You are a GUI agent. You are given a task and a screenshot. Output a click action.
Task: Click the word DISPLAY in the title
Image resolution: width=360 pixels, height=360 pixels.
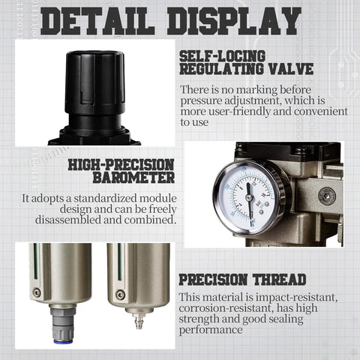[x=239, y=22]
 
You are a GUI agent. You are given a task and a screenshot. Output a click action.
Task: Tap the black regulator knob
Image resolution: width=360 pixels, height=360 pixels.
[x=93, y=82]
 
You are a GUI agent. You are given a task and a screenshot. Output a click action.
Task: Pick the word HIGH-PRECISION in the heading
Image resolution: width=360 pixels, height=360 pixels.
[x=121, y=164]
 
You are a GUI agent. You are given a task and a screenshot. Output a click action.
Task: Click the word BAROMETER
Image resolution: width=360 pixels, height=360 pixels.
[x=134, y=178]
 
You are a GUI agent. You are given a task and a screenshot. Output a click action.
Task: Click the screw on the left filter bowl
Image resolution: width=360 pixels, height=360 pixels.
[x=36, y=293]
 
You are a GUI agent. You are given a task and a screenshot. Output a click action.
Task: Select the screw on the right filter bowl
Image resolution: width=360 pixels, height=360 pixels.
[x=120, y=294]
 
